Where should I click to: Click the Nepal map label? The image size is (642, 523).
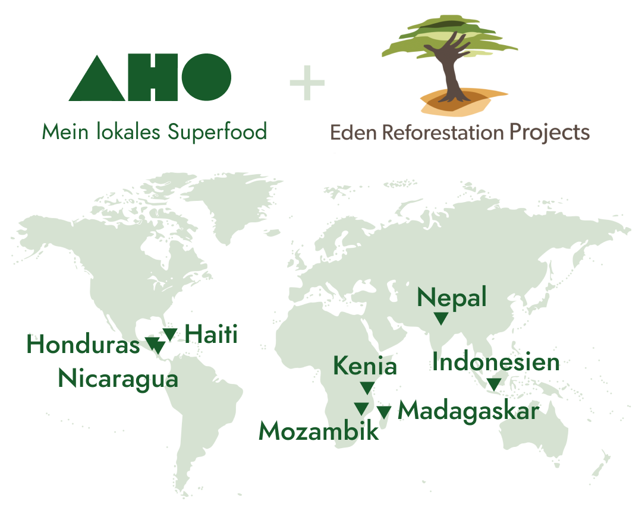point(452,298)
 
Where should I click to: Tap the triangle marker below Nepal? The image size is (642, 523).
point(441,318)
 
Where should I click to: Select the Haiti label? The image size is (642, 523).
point(211,334)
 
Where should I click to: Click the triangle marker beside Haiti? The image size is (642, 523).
point(169,334)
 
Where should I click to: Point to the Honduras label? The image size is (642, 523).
point(83,344)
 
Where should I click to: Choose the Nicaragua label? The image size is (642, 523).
point(118,379)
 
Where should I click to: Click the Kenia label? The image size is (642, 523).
point(365,366)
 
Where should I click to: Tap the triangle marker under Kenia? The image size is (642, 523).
point(367,387)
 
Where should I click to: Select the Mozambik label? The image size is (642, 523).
point(319,431)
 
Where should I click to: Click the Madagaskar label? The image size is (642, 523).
point(468,411)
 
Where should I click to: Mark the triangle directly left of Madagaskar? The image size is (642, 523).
point(383,412)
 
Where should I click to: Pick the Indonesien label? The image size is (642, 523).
point(496,362)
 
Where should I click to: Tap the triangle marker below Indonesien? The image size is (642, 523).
point(494,385)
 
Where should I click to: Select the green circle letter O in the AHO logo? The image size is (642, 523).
point(206,77)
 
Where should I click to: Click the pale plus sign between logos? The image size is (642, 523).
point(307,83)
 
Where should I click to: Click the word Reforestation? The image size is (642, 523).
point(443,133)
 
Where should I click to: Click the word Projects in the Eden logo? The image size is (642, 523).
point(549,133)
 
